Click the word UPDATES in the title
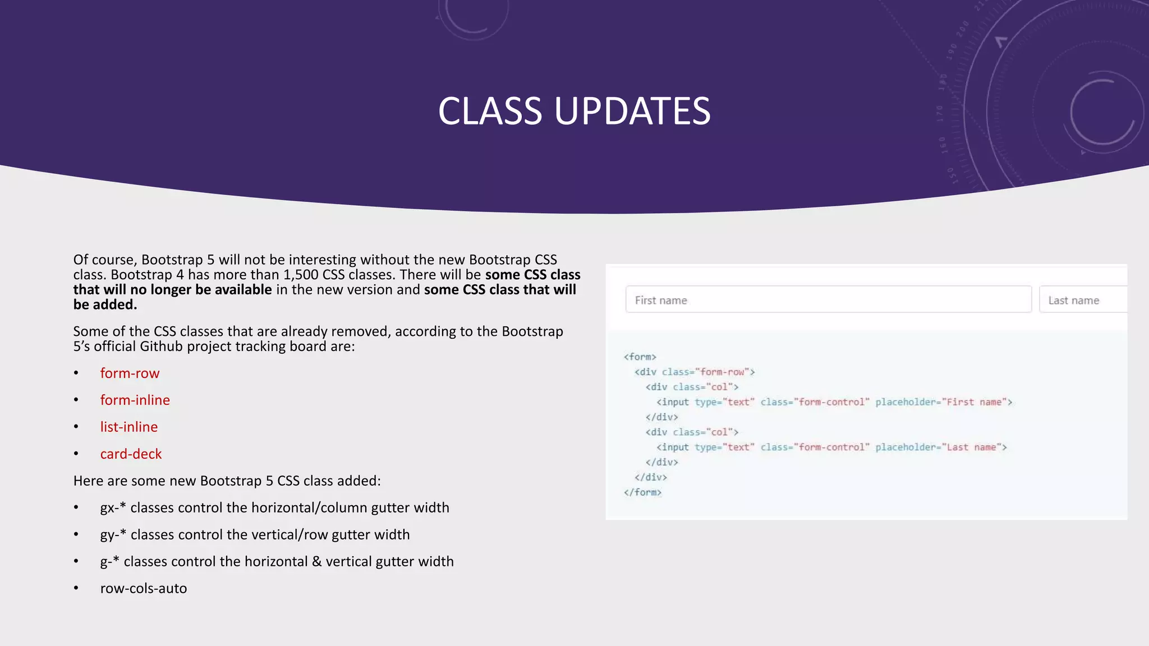[632, 111]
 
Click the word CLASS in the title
[490, 111]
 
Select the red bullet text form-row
[130, 373]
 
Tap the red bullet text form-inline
[135, 400]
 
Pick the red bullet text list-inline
[128, 427]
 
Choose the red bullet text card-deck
[131, 454]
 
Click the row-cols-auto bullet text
[144, 589]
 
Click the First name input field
[828, 300]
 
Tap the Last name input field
[1083, 300]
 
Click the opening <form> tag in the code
[640, 357]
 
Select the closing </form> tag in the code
[642, 492]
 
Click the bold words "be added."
[105, 305]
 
